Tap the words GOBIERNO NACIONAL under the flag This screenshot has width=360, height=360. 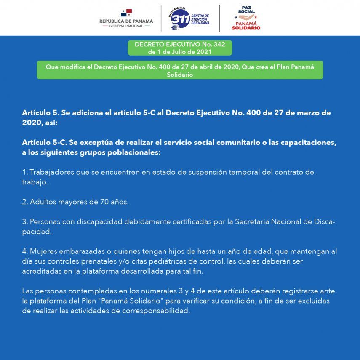[126, 26]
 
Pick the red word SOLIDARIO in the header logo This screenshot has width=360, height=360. [246, 28]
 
